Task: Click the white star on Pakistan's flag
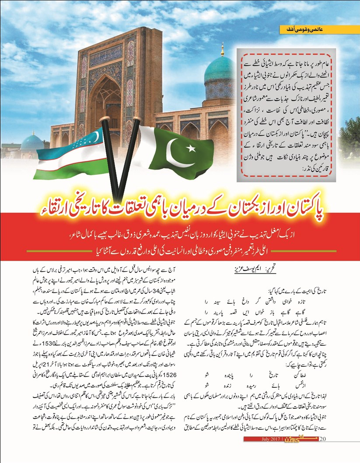pyautogui.click(x=191, y=148)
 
